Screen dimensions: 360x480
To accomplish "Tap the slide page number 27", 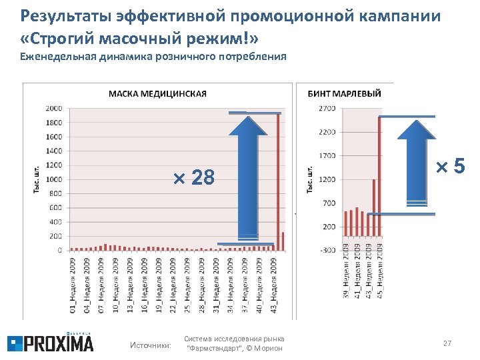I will [447, 343].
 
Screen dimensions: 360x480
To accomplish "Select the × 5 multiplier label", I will [450, 167].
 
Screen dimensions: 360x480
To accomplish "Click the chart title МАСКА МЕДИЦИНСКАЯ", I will [157, 93].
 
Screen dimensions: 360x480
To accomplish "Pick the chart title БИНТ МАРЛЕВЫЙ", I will [344, 93].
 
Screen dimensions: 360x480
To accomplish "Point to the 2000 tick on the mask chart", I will [54, 108].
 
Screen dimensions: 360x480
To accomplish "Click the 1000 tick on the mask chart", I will [54, 179].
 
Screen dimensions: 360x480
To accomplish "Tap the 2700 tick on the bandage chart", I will [327, 108].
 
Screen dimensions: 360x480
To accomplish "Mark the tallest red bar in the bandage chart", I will [379, 177].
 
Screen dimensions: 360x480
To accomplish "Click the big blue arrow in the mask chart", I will [247, 177].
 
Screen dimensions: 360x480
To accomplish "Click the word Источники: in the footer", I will [150, 345].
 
